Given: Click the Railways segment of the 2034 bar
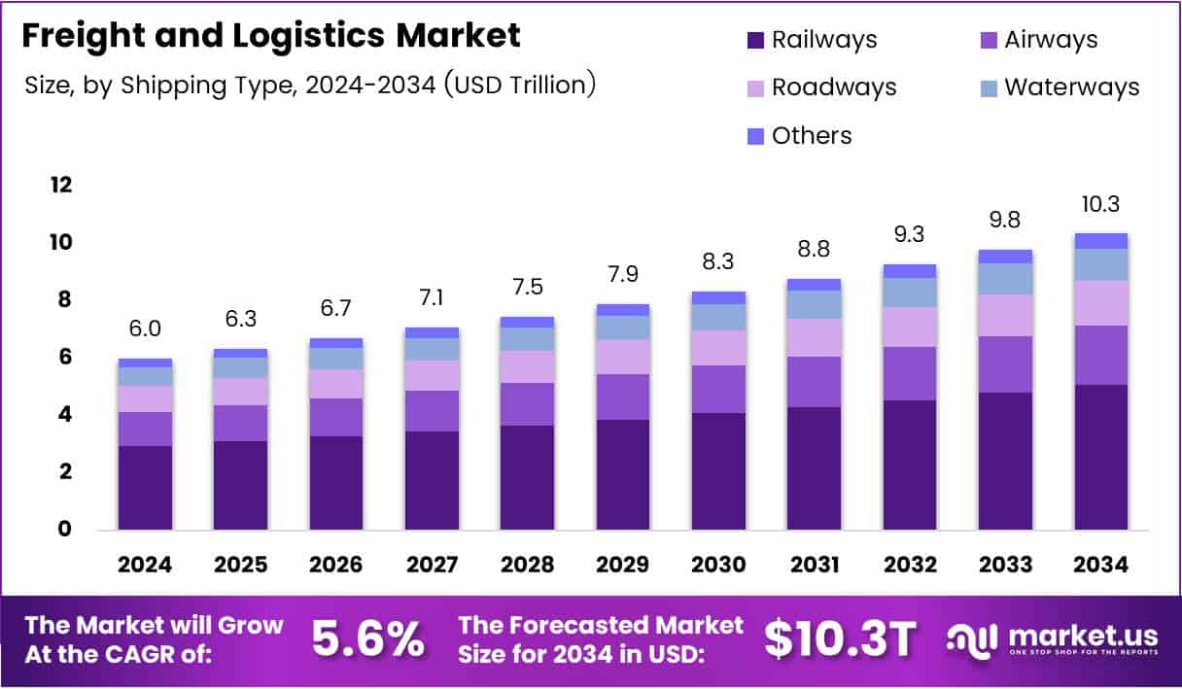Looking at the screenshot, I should coord(1101,457).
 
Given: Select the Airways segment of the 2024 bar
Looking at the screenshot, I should coord(145,429).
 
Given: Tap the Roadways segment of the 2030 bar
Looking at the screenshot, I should coord(718,348).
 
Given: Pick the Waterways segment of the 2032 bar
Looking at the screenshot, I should coord(910,293).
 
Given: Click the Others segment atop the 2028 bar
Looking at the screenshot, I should coord(527,322).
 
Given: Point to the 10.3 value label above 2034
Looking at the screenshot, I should coord(1101,205).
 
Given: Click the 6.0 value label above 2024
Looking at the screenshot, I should coord(145,329).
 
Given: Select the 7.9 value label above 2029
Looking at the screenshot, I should coord(623,276).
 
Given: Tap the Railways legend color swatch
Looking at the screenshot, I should coord(755,41).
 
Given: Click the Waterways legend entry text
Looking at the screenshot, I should coord(1071,86).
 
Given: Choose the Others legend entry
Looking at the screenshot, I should coord(811,135).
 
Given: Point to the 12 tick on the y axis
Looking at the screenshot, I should coord(60,185).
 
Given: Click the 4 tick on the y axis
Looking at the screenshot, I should coord(63,414).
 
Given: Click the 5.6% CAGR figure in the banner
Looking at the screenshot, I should coord(367,638).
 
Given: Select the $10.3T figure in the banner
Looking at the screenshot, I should coord(840,638).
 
